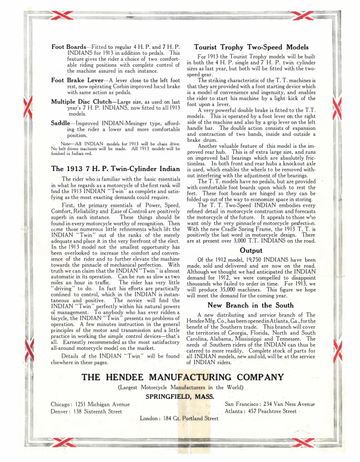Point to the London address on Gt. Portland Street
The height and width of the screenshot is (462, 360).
click(x=179, y=420)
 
